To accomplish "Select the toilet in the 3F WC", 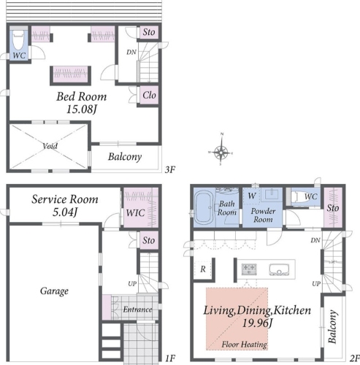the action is (x=18, y=39).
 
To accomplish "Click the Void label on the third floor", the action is (x=50, y=146).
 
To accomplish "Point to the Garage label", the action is (x=54, y=291).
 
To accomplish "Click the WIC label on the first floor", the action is (x=135, y=213).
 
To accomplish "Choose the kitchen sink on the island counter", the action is (x=280, y=270).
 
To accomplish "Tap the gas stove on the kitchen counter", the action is (x=249, y=269).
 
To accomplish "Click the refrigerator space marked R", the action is (x=203, y=269).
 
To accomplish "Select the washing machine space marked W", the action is (x=252, y=196).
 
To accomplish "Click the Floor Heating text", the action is (x=245, y=345).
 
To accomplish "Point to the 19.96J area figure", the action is (x=257, y=323).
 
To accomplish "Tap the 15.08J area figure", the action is (x=82, y=109).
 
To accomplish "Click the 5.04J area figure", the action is (x=65, y=212).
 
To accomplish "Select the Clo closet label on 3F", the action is (x=149, y=95).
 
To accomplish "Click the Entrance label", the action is (x=137, y=310).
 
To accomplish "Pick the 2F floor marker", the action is (x=354, y=358).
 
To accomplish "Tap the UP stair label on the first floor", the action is (x=132, y=284).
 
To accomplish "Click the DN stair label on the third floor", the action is (x=131, y=52).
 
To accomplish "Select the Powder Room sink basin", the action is (x=272, y=195).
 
